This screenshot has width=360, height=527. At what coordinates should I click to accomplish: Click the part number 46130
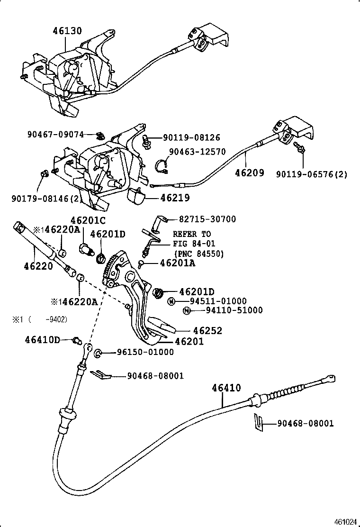pos(67,32)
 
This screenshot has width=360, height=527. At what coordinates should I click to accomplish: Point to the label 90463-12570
pos(198,152)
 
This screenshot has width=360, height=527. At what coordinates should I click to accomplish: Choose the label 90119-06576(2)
pos(312,174)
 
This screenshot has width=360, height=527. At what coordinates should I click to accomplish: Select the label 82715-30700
pos(207,219)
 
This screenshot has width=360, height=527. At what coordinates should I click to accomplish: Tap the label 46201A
pos(177,263)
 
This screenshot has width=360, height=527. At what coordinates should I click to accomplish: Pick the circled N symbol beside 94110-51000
pos(187,310)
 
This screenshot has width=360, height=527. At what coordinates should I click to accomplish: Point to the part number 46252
pos(207,331)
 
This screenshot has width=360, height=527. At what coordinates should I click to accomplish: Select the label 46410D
pos(43,339)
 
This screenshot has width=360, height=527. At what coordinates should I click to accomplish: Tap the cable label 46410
pos(226,388)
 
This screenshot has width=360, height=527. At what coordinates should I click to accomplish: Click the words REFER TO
pos(192,234)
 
